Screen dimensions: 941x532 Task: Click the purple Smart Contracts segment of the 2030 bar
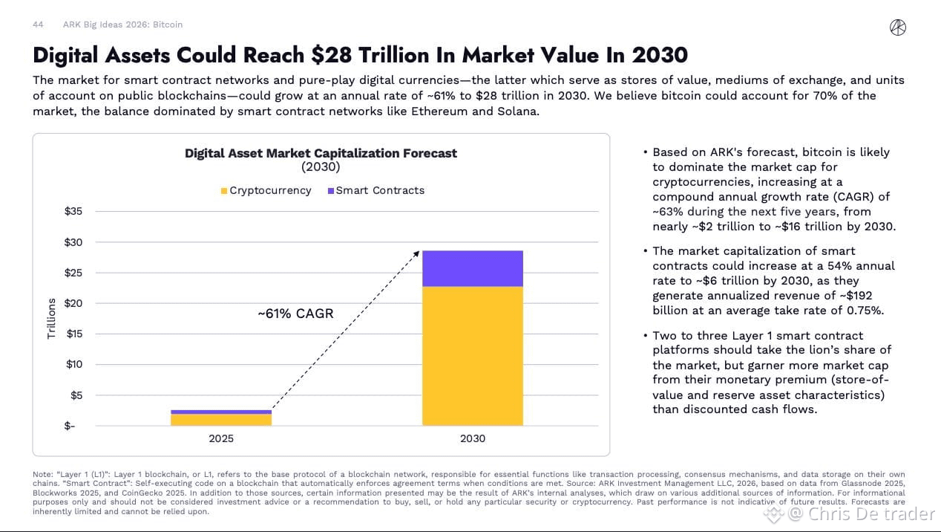point(473,269)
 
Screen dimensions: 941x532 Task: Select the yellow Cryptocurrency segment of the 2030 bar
point(473,356)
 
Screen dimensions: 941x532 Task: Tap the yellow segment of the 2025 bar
point(221,420)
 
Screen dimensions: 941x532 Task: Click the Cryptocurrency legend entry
point(266,190)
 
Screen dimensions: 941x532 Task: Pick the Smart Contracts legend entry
point(376,190)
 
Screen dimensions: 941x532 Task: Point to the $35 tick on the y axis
point(73,211)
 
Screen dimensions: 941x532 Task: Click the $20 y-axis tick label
point(73,303)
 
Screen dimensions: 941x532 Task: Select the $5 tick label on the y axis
point(76,395)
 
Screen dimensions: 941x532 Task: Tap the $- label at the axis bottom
point(70,426)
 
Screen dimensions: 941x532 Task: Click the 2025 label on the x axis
point(221,438)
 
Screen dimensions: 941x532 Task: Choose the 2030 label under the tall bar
point(473,438)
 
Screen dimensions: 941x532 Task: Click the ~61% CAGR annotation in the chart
point(296,314)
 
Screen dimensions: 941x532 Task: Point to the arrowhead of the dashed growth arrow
point(417,253)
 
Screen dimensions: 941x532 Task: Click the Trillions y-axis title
point(51,318)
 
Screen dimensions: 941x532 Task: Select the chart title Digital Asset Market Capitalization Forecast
point(321,153)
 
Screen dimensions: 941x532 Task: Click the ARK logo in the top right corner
point(898,27)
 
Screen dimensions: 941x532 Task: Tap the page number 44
point(38,25)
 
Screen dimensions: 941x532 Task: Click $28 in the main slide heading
point(332,55)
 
